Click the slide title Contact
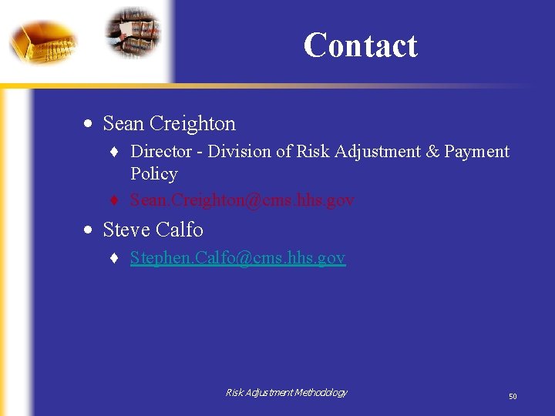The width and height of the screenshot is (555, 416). [360, 45]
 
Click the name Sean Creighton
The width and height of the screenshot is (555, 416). [169, 123]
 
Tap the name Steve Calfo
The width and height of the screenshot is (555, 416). [153, 230]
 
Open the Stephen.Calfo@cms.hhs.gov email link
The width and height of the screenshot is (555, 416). [237, 257]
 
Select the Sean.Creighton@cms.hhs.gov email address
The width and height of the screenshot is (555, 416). [242, 200]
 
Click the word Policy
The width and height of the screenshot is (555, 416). [154, 174]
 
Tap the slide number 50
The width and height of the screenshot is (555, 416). [513, 396]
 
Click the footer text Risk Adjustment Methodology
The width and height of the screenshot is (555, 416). [286, 393]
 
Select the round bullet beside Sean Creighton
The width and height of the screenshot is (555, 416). [90, 124]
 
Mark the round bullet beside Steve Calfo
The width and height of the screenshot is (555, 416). [90, 230]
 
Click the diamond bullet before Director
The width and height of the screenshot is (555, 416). [114, 153]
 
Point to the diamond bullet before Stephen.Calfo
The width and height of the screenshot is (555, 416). [114, 259]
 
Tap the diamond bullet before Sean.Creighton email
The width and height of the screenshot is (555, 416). [114, 201]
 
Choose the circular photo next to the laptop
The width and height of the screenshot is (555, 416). [133, 32]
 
